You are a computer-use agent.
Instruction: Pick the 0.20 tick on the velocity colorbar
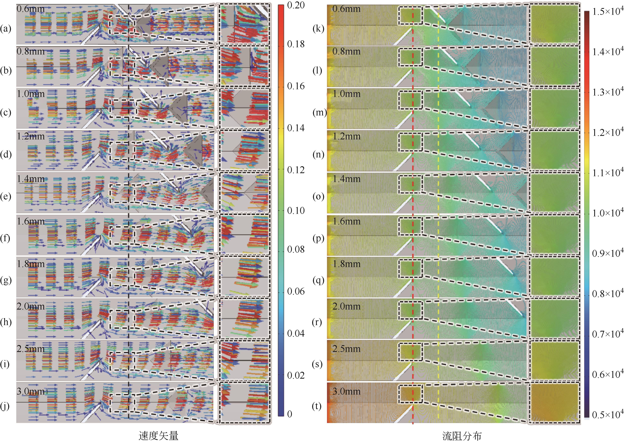(x=296, y=5)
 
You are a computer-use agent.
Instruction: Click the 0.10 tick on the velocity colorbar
(x=296, y=210)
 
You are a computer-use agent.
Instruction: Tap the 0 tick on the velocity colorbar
(x=290, y=414)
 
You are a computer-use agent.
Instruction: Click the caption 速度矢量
(x=158, y=435)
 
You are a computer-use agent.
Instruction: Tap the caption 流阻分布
(x=462, y=435)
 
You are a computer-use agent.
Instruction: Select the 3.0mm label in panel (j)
(x=31, y=391)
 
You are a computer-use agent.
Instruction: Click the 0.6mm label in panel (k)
(x=346, y=9)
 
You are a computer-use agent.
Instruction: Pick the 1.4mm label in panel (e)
(x=31, y=179)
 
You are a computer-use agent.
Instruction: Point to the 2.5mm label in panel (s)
(x=346, y=349)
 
